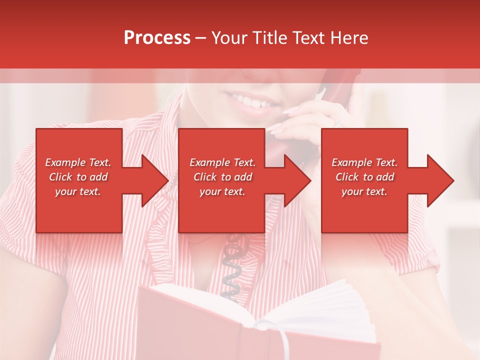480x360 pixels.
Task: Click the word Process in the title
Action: pos(157,38)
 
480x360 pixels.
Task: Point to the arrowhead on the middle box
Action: pos(296,180)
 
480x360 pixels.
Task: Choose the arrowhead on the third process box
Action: pos(439,180)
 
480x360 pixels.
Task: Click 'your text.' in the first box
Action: pos(78,191)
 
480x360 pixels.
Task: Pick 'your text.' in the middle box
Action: pos(222,191)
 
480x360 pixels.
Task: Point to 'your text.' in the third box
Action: pos(364,191)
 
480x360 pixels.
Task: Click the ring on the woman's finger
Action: pos(337,123)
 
